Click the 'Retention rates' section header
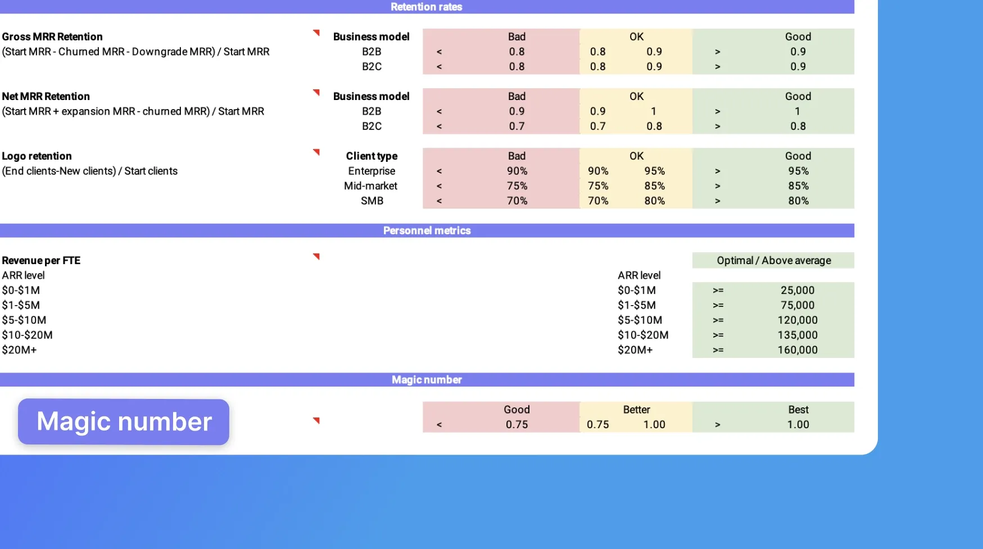coord(426,7)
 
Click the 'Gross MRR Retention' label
coord(52,37)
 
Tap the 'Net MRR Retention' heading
coord(46,96)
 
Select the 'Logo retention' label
coord(37,156)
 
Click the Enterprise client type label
coord(372,171)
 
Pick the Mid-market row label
coord(370,186)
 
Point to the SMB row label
coord(372,201)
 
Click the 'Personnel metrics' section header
coord(427,230)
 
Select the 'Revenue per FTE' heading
coord(41,260)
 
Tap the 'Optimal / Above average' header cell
coord(773,260)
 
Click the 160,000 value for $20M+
coord(797,350)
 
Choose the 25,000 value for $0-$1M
coord(797,290)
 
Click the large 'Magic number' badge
coord(124,421)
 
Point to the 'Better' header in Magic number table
coord(636,410)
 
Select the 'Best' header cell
coord(798,410)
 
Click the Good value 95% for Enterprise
coord(798,171)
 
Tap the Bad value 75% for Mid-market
coord(517,186)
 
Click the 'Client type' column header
coord(372,156)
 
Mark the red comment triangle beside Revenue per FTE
coord(316,256)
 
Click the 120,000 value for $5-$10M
coord(797,320)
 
